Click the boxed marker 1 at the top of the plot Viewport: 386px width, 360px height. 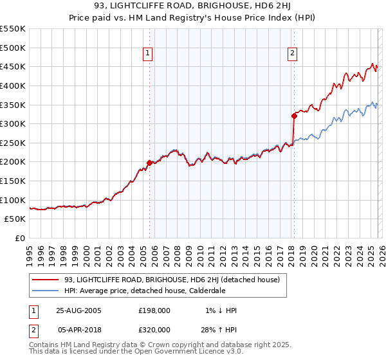(149, 53)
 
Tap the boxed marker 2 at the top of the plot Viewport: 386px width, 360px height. (293, 53)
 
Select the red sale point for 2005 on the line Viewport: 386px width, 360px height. (150, 163)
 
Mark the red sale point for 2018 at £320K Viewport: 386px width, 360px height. (294, 116)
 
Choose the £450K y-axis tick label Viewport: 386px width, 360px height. (14, 66)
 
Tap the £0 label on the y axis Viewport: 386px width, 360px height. (21, 238)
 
